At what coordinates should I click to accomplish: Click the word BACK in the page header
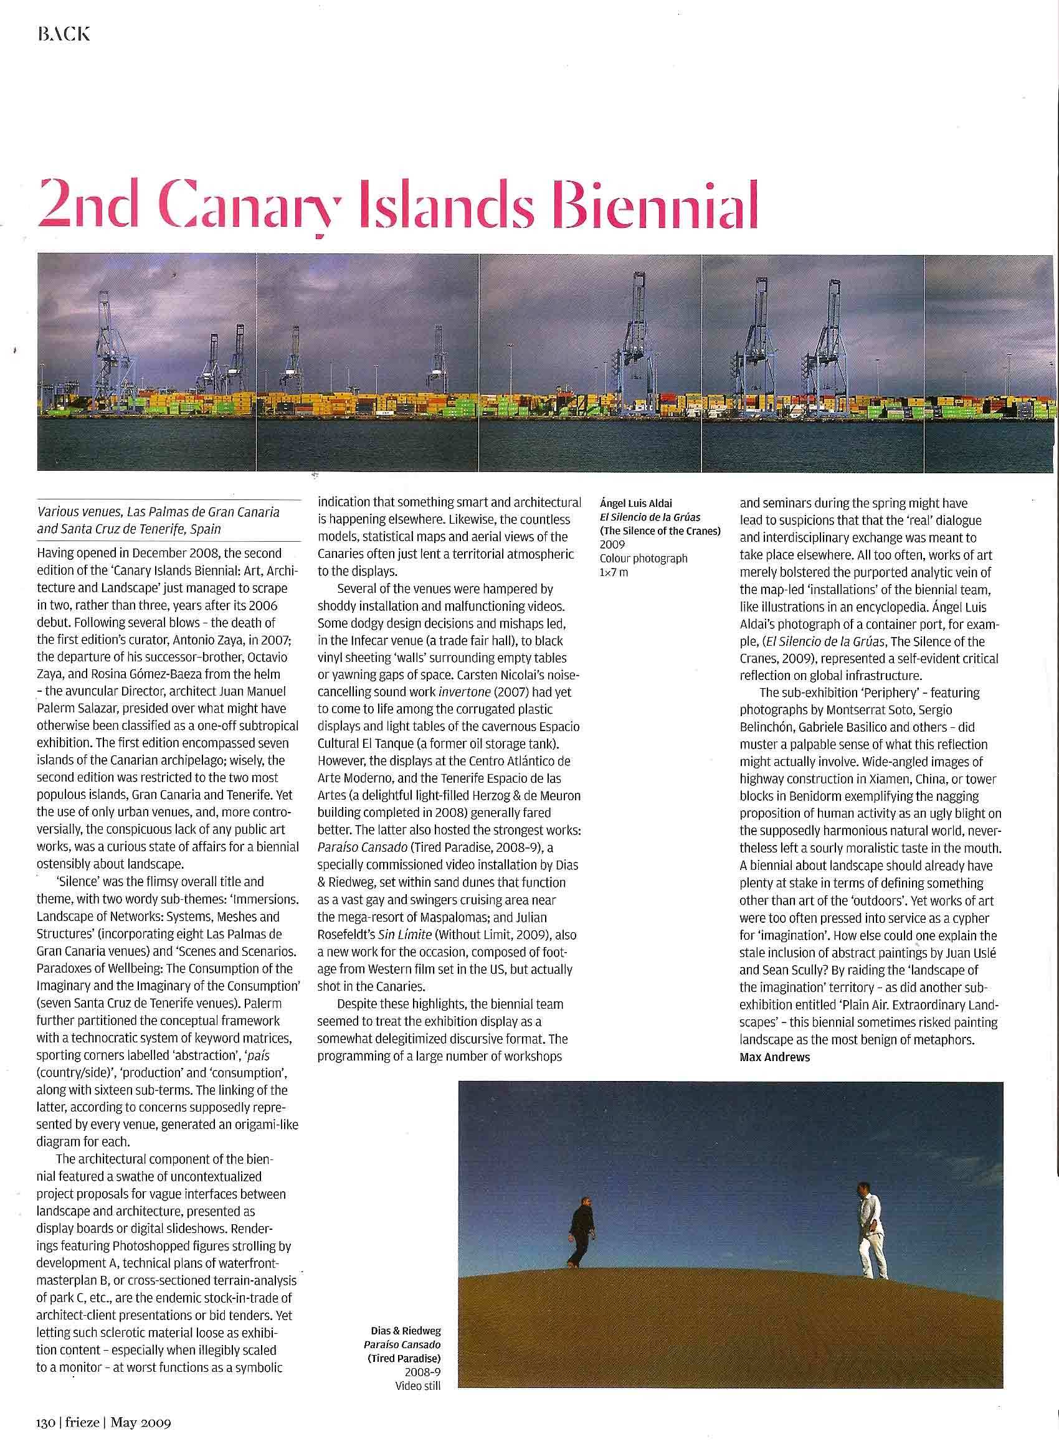[64, 34]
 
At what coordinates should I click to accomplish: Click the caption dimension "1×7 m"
[614, 572]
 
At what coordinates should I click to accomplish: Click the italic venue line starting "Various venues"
[158, 512]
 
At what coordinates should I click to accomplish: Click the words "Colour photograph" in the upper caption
[643, 558]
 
